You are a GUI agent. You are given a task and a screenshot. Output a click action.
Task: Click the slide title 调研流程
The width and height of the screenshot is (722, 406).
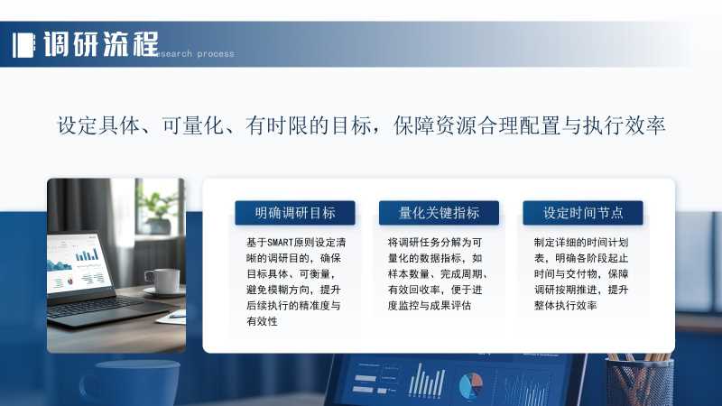(101, 44)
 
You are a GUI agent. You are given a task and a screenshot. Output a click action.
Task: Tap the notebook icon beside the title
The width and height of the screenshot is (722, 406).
(24, 45)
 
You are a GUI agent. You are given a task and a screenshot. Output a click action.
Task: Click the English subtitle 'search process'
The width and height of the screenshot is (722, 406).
(196, 54)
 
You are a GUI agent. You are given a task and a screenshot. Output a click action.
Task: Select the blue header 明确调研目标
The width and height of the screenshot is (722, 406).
(295, 213)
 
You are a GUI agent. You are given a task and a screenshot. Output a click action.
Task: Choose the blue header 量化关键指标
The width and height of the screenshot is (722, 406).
(439, 213)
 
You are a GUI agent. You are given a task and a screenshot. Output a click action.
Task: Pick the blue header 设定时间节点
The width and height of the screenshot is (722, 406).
(582, 213)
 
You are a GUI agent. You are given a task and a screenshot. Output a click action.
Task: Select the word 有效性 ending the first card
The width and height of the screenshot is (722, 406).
(262, 321)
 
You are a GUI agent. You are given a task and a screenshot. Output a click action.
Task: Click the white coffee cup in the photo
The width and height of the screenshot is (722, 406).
(162, 281)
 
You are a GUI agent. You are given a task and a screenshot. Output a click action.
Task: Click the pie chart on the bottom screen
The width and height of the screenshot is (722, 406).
(471, 386)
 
